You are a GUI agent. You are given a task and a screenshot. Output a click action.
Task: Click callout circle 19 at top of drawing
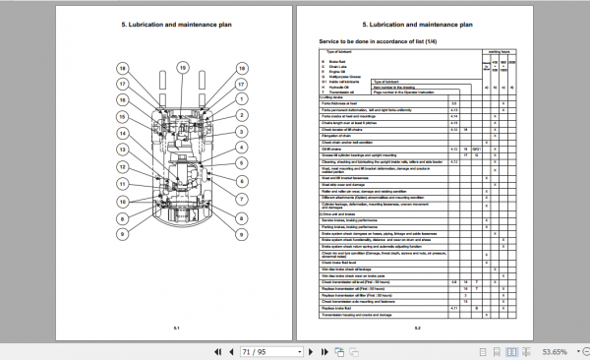point(183,68)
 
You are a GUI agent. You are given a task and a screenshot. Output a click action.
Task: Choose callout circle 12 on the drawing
point(122,165)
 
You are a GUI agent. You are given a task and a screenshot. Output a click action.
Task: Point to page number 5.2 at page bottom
point(417,328)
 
